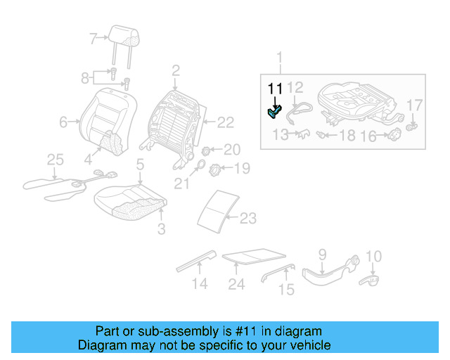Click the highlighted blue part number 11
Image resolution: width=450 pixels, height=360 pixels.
click(274, 110)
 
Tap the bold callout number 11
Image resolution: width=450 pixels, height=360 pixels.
click(274, 89)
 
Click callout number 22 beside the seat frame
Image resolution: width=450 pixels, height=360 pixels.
click(225, 123)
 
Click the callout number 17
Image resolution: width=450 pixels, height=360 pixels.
click(416, 105)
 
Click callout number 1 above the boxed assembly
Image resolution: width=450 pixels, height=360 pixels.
click(280, 57)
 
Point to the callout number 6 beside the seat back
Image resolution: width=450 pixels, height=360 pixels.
click(63, 122)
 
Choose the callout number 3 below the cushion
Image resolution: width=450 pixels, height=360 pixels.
click(161, 229)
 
